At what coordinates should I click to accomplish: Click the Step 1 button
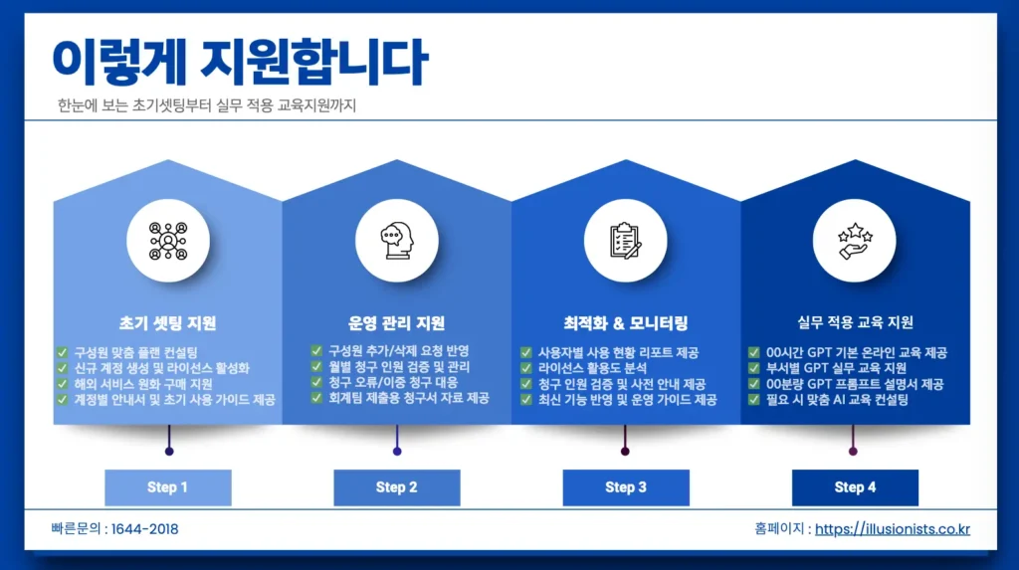tap(167, 487)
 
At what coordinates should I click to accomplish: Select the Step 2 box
tap(396, 487)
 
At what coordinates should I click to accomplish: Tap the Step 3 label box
tap(626, 487)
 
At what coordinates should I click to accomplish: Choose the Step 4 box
tap(855, 487)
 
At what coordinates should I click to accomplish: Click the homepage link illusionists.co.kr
tap(892, 529)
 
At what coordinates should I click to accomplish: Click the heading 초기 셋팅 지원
tap(167, 323)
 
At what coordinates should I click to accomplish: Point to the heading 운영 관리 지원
tap(396, 323)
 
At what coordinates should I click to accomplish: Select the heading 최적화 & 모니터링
tap(625, 323)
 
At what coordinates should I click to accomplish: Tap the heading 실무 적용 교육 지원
tap(855, 322)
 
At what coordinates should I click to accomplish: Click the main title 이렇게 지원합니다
tap(239, 62)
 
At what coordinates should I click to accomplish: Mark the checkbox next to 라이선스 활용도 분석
tap(526, 368)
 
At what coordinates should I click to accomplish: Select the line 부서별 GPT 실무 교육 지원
tap(835, 368)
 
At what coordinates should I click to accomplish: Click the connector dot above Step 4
tap(853, 451)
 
